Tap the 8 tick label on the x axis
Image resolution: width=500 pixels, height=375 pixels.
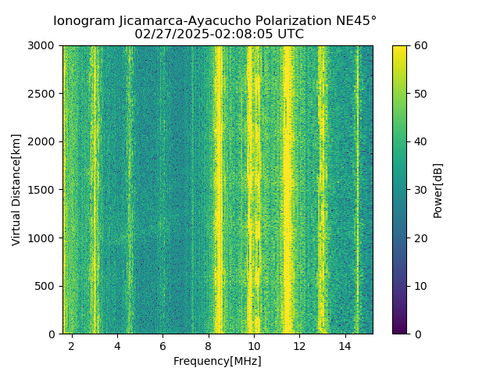(x=209, y=345)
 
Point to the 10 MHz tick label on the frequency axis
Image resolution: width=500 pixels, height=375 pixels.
(x=254, y=345)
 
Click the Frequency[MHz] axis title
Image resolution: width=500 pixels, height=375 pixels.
(x=217, y=361)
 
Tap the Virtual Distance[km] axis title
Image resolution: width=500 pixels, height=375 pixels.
(x=16, y=190)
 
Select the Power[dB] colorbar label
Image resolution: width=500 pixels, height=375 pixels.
(x=437, y=190)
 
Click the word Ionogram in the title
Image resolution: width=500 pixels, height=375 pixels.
(x=83, y=21)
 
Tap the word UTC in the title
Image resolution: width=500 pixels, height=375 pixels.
(x=289, y=34)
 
